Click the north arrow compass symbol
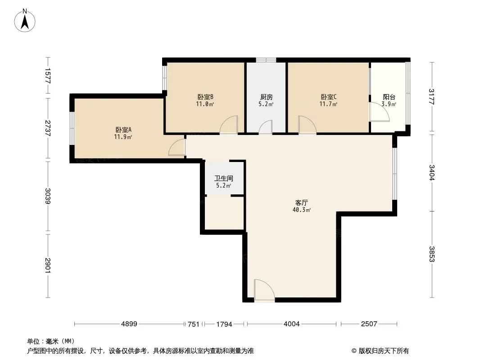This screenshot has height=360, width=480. coord(25,21)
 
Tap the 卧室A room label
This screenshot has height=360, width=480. coord(123,130)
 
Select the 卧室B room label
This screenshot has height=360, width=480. coord(205,97)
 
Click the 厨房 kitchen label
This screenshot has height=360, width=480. coord(266,97)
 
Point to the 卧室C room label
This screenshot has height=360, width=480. coord(329,97)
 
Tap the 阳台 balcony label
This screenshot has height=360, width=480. coord(389,97)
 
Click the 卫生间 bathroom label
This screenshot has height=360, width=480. coord(224,178)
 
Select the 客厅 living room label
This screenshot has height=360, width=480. coord(302,203)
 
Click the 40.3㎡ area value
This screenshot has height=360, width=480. coord(302,210)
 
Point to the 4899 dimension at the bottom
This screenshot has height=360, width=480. coord(129,324)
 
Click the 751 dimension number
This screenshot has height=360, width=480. coord(194,324)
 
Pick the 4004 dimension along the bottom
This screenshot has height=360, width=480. coord(291,324)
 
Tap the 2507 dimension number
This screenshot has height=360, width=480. coord(369,324)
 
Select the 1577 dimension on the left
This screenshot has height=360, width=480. coord(48,76)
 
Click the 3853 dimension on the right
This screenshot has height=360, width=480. coord(432,254)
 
